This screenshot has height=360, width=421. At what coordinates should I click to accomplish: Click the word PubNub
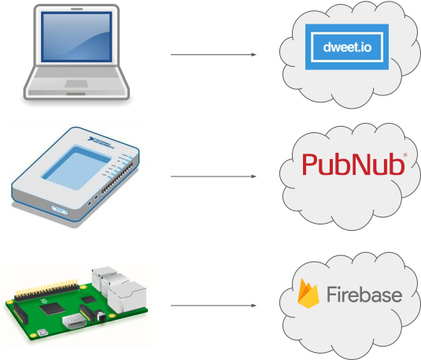(x=353, y=165)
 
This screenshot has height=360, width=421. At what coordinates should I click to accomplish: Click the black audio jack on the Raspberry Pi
(x=101, y=317)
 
